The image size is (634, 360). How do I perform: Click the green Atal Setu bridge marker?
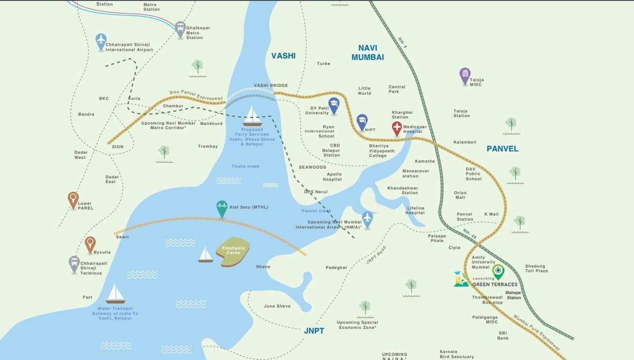(x=222, y=208)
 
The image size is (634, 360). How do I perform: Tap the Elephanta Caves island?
(x=233, y=251)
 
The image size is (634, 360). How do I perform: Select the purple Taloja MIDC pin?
(x=465, y=75)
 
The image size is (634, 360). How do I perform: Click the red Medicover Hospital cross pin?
(x=397, y=128)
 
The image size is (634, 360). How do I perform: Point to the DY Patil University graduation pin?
(x=334, y=105)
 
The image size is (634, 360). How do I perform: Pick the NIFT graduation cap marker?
(x=362, y=121)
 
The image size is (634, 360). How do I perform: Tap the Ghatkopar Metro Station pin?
(x=180, y=29)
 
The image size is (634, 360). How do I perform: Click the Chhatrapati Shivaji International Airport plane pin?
(x=101, y=41)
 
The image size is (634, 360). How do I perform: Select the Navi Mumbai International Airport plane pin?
(x=367, y=219)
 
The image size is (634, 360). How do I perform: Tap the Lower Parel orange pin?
(x=73, y=199)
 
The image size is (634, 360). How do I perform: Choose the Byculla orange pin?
(x=90, y=244)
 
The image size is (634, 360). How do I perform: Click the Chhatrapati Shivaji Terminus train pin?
(x=74, y=264)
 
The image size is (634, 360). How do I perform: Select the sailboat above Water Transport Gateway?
(x=115, y=294)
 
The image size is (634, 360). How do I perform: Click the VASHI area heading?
(x=283, y=56)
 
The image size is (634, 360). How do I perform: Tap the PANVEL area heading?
(x=503, y=148)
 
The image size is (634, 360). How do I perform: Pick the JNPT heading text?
(x=314, y=331)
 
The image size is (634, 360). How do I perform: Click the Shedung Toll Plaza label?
(x=536, y=268)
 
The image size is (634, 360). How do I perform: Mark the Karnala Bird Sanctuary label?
(x=456, y=354)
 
